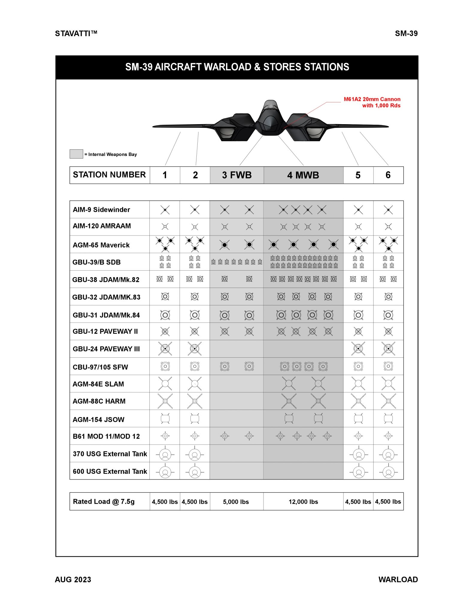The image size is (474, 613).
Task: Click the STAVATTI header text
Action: click(x=76, y=33)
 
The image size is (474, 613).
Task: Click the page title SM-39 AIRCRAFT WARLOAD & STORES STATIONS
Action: click(x=237, y=67)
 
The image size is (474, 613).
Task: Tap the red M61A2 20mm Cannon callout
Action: click(x=372, y=102)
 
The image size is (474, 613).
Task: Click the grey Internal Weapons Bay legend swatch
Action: click(x=76, y=154)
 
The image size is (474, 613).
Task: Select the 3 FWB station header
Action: click(x=237, y=175)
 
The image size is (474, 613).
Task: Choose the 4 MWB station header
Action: click(x=303, y=175)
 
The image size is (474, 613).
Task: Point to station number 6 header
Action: click(x=388, y=175)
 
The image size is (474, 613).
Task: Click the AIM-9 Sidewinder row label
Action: click(x=101, y=210)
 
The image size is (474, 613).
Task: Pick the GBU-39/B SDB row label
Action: click(x=96, y=262)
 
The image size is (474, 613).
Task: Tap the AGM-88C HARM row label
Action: click(x=99, y=401)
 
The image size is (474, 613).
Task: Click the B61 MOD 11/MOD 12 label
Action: click(x=106, y=436)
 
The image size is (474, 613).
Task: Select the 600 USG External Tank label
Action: click(x=110, y=471)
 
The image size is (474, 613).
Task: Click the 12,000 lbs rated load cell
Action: click(x=303, y=502)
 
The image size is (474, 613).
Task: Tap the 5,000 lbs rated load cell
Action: click(x=236, y=502)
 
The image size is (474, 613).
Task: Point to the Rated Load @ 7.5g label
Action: click(x=104, y=502)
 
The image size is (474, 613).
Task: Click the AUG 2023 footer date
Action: click(x=73, y=580)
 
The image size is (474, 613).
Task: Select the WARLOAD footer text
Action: click(x=398, y=580)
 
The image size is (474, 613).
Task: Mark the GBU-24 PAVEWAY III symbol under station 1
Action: click(x=165, y=349)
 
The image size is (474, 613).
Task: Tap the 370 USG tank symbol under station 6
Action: click(x=388, y=455)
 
